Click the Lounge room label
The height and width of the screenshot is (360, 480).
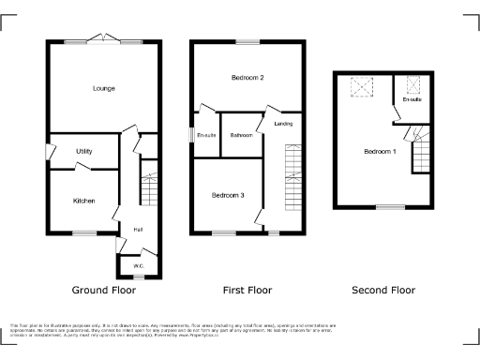coord(103,89)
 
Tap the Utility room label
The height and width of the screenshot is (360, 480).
coord(83,151)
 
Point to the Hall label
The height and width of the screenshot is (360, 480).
coord(138,229)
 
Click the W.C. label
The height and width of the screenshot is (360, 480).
coord(138,267)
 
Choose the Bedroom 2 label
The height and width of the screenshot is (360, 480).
coord(247,78)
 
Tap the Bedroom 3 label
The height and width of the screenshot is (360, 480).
coord(228,195)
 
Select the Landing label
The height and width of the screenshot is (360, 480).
coord(282,124)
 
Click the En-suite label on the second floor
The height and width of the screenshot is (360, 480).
coord(412,99)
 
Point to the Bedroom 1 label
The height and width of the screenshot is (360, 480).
coord(381,152)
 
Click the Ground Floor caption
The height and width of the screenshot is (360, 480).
coord(104,291)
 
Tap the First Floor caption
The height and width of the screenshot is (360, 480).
coord(247,291)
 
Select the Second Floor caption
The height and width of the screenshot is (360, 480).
coord(383,291)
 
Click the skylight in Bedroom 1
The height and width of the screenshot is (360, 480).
coord(360,87)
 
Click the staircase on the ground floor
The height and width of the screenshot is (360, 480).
coord(148,185)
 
